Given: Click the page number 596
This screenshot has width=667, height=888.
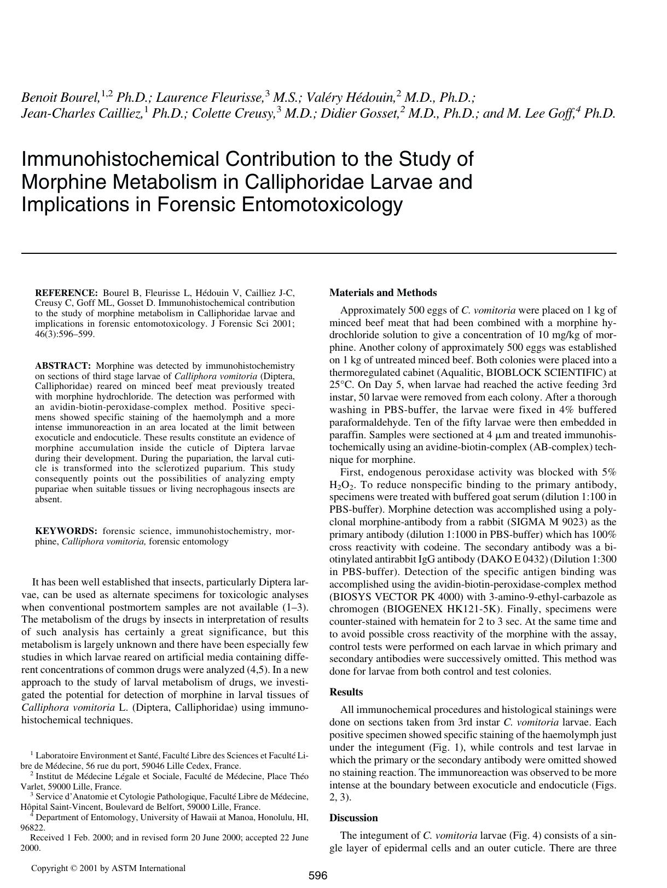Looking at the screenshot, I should pos(317,875).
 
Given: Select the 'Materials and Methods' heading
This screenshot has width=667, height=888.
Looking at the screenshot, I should pos(383,293).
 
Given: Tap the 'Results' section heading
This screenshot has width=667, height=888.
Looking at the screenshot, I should pos(346,692).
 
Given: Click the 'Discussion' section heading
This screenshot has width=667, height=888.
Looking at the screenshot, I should pos(353,818).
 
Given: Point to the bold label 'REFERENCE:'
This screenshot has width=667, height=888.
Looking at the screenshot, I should pos(66,293).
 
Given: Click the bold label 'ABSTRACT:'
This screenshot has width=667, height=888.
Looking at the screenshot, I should pos(63,365).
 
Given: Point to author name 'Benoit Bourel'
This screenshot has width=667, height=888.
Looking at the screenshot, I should pos(60,98).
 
